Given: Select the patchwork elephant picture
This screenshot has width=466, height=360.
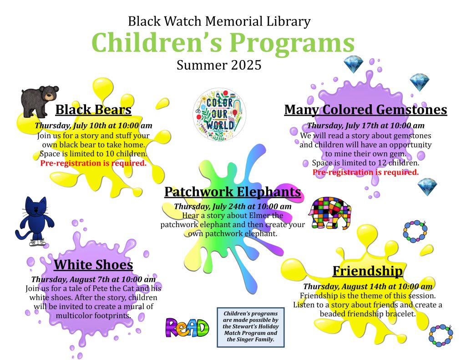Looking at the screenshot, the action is point(329,213).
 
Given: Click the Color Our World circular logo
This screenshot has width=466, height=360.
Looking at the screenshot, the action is point(219,114).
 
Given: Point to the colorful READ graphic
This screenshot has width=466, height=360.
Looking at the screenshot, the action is point(187,327).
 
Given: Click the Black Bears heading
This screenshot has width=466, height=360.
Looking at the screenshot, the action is point(93,109).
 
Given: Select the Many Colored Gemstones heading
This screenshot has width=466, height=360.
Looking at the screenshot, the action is point(365,109).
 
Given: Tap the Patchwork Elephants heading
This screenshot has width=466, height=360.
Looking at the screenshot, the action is point(233,192).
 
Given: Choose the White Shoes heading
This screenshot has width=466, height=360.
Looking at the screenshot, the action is point(93,264).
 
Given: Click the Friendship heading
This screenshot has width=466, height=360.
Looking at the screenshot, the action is point(368,271).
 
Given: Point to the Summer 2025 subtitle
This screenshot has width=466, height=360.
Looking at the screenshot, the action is point(219,65).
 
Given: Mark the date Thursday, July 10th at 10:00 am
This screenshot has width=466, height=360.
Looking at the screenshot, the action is point(93,126).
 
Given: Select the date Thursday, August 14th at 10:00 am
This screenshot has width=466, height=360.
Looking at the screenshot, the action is point(368,287).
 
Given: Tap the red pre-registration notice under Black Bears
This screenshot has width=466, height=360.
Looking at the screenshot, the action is point(93,163).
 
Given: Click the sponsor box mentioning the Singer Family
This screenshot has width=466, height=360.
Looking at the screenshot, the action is point(251,327).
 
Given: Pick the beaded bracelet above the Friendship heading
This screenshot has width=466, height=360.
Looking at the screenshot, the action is point(415,232).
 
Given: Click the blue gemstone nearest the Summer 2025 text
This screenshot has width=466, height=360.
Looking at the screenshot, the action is point(353,65).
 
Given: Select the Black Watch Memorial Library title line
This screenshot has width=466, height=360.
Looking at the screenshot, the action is point(219,22).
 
